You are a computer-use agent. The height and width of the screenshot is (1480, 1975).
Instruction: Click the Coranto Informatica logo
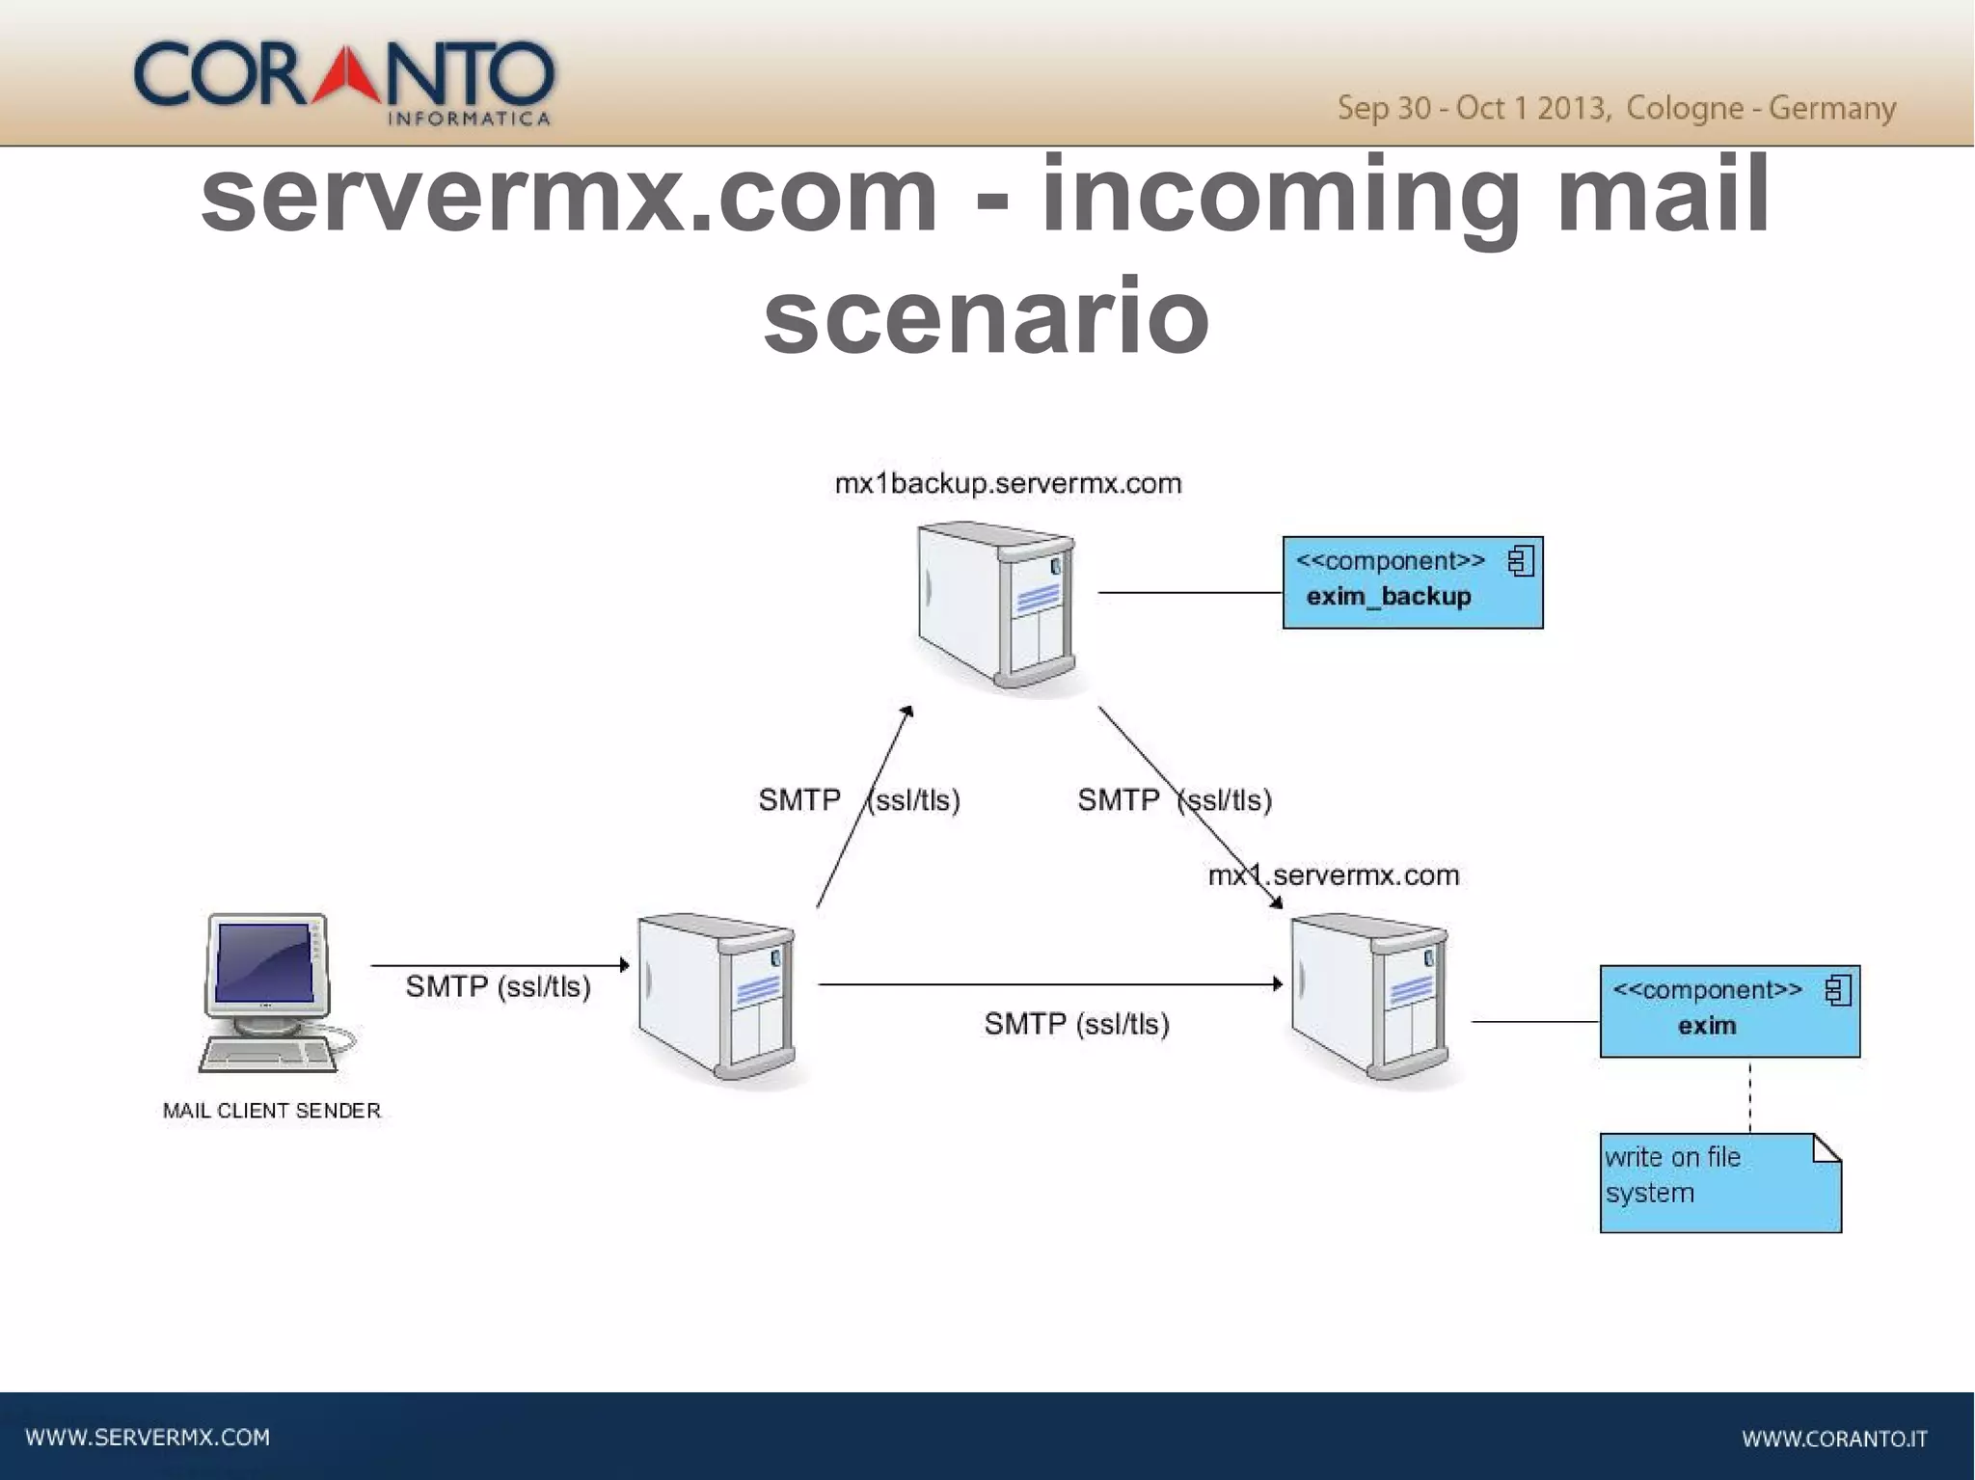pyautogui.click(x=343, y=81)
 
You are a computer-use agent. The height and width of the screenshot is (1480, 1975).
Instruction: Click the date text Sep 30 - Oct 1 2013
pyautogui.click(x=1473, y=108)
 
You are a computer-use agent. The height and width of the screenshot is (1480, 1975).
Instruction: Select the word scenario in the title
pyautogui.click(x=986, y=314)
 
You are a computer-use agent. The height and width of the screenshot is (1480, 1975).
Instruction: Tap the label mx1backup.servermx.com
pyautogui.click(x=1008, y=483)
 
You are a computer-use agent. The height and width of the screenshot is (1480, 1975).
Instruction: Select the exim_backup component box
pyautogui.click(x=1412, y=582)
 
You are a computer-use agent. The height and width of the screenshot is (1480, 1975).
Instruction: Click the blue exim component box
pyautogui.click(x=1729, y=1010)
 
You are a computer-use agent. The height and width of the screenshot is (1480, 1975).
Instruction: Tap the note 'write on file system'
pyautogui.click(x=1718, y=1182)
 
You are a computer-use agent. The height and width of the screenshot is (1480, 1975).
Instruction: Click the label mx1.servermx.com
pyautogui.click(x=1334, y=875)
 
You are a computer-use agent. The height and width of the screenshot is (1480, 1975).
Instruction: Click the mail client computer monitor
pyautogui.click(x=266, y=962)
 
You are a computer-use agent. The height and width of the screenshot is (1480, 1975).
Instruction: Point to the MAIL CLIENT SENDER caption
pyautogui.click(x=272, y=1111)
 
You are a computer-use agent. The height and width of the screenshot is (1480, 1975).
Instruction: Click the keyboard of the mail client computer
pyautogui.click(x=268, y=1055)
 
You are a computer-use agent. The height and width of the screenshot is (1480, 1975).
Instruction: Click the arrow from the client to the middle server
pyautogui.click(x=499, y=964)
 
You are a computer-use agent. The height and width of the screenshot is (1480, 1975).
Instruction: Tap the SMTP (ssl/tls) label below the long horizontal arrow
pyautogui.click(x=1076, y=1024)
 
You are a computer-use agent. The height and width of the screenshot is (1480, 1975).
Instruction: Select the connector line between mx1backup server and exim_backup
pyautogui.click(x=1189, y=592)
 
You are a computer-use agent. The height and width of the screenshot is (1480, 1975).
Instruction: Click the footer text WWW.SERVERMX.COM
pyautogui.click(x=148, y=1438)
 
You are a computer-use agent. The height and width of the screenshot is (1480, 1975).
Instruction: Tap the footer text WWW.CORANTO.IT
pyautogui.click(x=1834, y=1439)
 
